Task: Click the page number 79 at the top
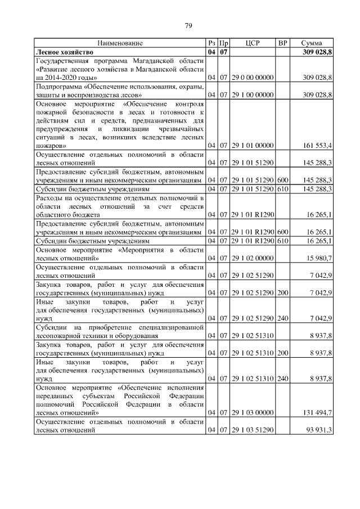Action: click(188, 25)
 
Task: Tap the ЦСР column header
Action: click(253, 43)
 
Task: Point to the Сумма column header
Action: click(312, 43)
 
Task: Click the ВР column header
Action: click(283, 43)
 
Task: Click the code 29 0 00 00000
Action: click(253, 77)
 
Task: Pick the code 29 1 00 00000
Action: click(253, 94)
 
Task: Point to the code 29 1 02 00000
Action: click(253, 258)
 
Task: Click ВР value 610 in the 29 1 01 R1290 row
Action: click(282, 241)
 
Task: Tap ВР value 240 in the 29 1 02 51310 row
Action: click(282, 379)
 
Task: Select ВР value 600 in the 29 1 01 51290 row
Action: click(282, 180)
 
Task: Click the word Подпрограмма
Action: click(58, 86)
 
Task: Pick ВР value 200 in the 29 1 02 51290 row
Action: click(282, 292)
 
